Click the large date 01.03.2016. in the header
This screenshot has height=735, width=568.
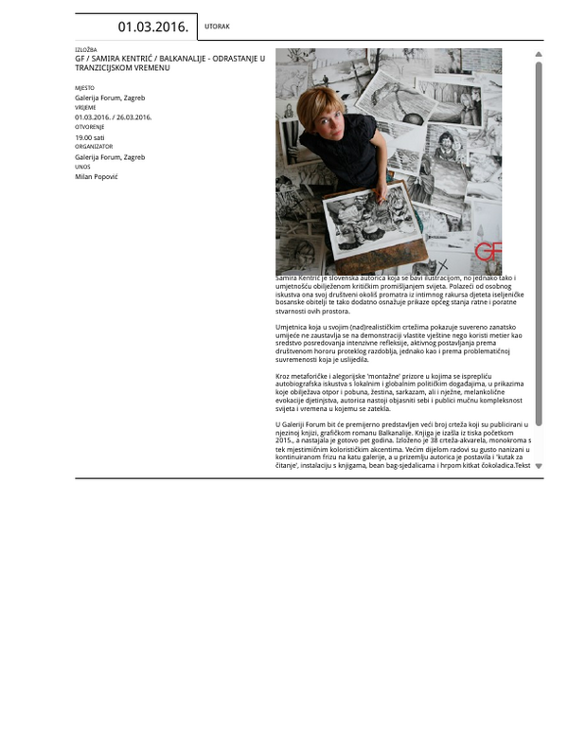(x=152, y=27)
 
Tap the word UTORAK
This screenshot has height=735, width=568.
(x=217, y=27)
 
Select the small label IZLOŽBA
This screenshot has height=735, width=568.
(x=85, y=49)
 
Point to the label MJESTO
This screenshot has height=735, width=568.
(x=84, y=88)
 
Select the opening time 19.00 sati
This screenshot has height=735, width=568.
(x=91, y=137)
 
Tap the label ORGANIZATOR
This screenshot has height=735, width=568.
(x=94, y=147)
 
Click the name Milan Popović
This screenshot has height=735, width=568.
(x=97, y=176)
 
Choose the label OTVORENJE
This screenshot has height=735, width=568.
(x=90, y=127)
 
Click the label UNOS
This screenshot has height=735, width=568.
(x=82, y=167)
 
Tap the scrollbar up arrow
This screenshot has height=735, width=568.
(x=539, y=55)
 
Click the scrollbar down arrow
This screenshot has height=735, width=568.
(x=539, y=466)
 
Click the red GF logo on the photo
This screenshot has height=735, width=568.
(x=488, y=251)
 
